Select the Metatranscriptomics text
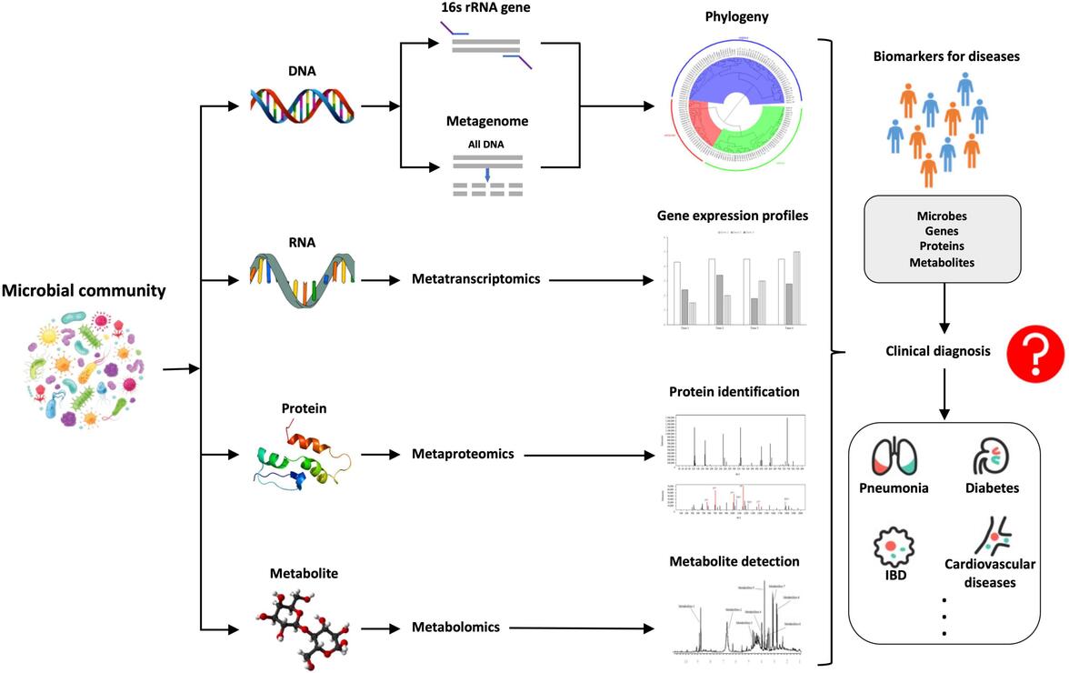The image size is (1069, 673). (475, 278)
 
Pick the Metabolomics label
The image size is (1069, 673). (456, 627)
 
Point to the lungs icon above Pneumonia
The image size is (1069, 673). (894, 457)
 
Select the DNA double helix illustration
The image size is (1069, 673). (304, 106)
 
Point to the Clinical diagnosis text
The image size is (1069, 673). (939, 351)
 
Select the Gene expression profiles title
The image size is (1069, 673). (733, 216)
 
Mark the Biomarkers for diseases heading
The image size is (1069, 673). (946, 56)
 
